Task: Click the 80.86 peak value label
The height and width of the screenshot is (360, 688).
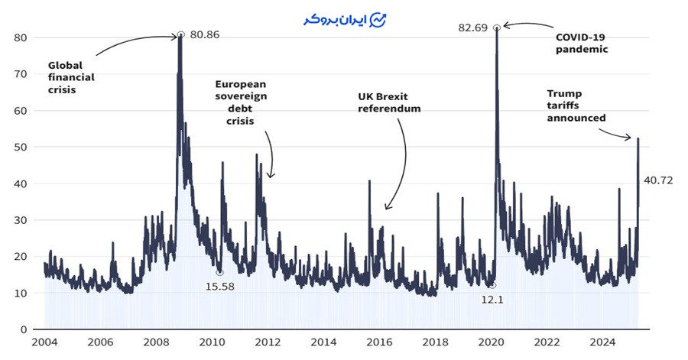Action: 205,34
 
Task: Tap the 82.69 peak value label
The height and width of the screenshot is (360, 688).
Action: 472,28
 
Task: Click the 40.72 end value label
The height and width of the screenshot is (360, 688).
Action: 657,180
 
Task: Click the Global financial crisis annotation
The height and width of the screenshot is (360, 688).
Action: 71,77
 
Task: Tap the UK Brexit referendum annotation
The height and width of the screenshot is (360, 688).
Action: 389,103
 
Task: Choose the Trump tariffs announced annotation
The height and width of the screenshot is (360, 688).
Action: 576,105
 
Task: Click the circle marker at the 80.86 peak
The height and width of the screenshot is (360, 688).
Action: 181,34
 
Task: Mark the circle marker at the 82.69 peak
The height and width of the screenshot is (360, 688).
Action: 497,28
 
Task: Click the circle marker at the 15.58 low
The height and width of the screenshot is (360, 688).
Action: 219,272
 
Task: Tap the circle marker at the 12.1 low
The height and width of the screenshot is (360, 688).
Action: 492,285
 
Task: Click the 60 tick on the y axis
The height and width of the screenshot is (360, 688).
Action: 21,110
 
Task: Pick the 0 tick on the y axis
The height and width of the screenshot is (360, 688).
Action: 24,329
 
